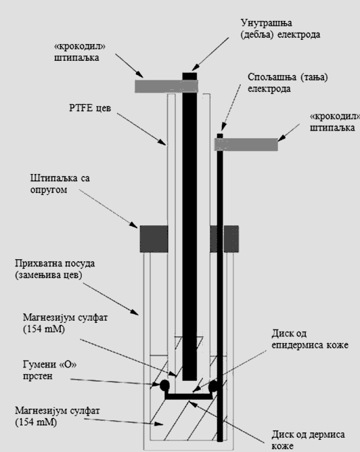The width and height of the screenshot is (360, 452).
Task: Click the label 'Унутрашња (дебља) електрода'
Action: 280,29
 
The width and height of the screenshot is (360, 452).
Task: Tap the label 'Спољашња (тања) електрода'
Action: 288,83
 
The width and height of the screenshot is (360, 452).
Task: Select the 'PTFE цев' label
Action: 90,108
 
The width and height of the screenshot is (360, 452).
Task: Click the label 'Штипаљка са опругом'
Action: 60,184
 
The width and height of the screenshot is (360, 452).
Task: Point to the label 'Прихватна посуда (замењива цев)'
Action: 55,269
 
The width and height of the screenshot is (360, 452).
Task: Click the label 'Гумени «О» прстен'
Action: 49,370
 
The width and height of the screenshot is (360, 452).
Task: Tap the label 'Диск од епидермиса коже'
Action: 310,339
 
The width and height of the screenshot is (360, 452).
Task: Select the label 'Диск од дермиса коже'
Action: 308,440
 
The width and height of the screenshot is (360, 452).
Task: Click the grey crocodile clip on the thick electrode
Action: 166,86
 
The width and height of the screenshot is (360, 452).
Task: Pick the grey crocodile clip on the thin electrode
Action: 246,144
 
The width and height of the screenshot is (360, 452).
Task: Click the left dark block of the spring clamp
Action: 154,239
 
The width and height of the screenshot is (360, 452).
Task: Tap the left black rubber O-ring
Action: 164,385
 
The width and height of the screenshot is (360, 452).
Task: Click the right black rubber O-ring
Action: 214,386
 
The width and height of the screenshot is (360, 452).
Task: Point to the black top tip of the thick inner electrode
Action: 189,76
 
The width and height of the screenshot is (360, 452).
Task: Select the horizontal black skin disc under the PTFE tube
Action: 189,397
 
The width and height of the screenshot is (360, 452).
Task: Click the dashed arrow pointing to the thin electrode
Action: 231,108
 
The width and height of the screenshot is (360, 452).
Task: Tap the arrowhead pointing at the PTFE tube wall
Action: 163,142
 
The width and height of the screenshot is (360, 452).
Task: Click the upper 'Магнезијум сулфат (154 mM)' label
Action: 65,323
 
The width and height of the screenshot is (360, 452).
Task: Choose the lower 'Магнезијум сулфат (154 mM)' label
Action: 58,416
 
